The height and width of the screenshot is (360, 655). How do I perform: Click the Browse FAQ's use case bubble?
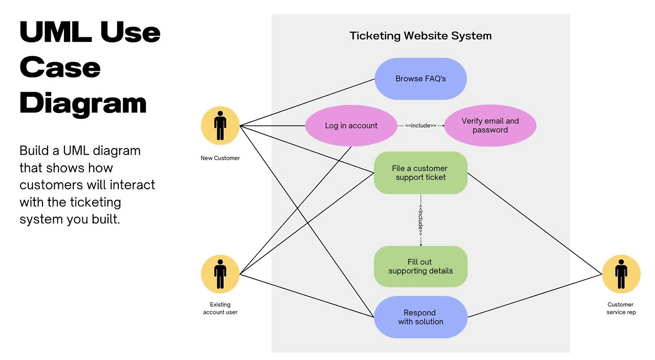click(x=420, y=79)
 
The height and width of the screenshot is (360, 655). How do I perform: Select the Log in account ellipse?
click(x=351, y=125)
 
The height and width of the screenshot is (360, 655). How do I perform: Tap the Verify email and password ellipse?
click(x=490, y=125)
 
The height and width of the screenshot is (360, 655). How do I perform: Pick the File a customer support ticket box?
click(x=420, y=173)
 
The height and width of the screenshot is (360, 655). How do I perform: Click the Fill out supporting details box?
click(x=420, y=266)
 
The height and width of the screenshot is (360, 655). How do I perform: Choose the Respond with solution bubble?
click(x=420, y=317)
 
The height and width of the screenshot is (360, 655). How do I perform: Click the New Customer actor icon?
click(x=220, y=125)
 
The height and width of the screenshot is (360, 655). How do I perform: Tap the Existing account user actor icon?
click(x=220, y=274)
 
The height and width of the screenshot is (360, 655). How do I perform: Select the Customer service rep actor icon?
click(x=621, y=274)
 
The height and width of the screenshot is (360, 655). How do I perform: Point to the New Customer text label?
click(x=220, y=158)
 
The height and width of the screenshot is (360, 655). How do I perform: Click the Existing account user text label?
click(x=220, y=308)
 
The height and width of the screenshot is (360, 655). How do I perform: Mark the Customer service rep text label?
click(x=621, y=308)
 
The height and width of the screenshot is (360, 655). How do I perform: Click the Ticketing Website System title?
click(x=420, y=36)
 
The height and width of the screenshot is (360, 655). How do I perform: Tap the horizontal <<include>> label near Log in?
click(x=421, y=125)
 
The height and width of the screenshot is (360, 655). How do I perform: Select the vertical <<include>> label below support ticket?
click(x=421, y=220)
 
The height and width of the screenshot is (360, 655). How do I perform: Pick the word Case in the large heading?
click(x=60, y=67)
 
